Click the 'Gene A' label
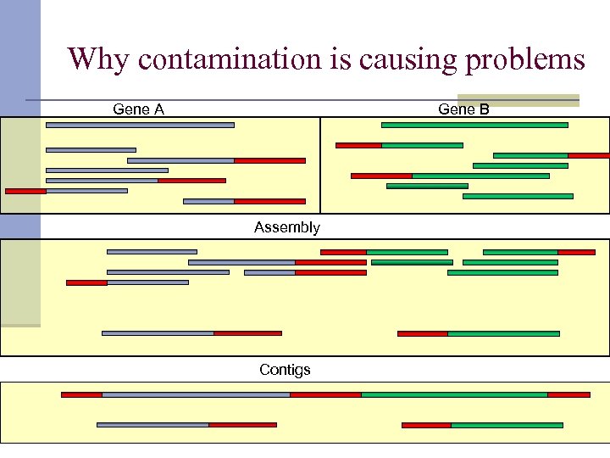click(x=139, y=109)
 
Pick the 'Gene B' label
click(x=463, y=109)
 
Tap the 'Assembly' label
click(x=287, y=227)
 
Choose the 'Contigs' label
click(x=285, y=370)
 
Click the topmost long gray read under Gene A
click(x=140, y=125)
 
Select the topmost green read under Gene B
click(x=474, y=125)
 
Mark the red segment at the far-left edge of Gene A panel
click(x=25, y=191)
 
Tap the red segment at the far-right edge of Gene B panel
click(x=588, y=155)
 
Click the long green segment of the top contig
click(x=454, y=394)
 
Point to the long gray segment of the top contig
click(x=196, y=394)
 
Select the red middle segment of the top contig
click(x=325, y=394)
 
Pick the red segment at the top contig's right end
click(x=568, y=394)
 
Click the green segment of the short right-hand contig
click(x=507, y=425)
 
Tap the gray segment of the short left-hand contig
click(x=152, y=425)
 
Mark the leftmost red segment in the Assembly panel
click(x=86, y=282)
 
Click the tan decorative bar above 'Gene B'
click(x=518, y=99)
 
